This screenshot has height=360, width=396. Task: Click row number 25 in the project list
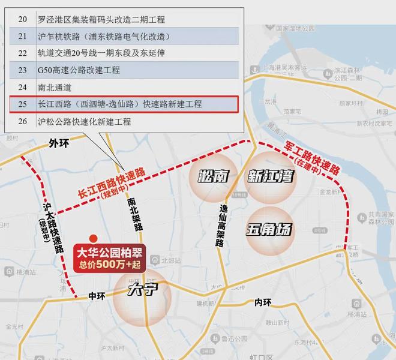tap(23, 104)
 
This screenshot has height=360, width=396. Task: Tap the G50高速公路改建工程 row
tap(78, 70)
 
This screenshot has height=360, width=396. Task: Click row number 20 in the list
tap(23, 19)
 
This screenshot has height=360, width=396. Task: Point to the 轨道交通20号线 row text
tap(101, 53)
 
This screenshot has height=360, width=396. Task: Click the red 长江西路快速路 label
tap(112, 182)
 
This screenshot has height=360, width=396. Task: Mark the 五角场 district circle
tap(269, 229)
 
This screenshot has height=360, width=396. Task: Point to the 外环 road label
tap(59, 143)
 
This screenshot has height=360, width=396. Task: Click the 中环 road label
tap(97, 296)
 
